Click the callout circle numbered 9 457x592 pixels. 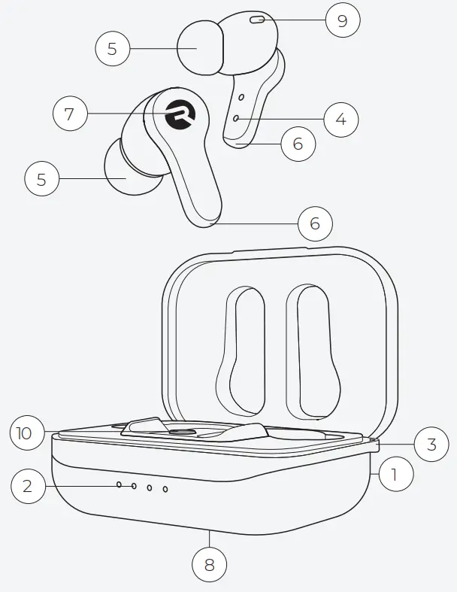pyautogui.click(x=343, y=20)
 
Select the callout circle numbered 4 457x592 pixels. pyautogui.click(x=341, y=119)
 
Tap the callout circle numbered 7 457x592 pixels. pyautogui.click(x=70, y=114)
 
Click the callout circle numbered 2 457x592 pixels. pyautogui.click(x=28, y=487)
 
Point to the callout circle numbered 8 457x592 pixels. pyautogui.click(x=210, y=565)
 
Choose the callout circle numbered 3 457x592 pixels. pyautogui.click(x=431, y=444)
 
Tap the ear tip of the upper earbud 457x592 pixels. pyautogui.click(x=200, y=48)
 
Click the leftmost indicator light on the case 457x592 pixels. pyautogui.click(x=119, y=486)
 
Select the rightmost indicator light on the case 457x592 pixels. pyautogui.click(x=165, y=489)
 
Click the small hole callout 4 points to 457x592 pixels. pyautogui.click(x=237, y=119)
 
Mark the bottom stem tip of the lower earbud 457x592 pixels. pyautogui.click(x=207, y=219)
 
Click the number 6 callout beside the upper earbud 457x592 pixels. pyautogui.click(x=298, y=143)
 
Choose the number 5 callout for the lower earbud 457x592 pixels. pyautogui.click(x=41, y=179)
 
